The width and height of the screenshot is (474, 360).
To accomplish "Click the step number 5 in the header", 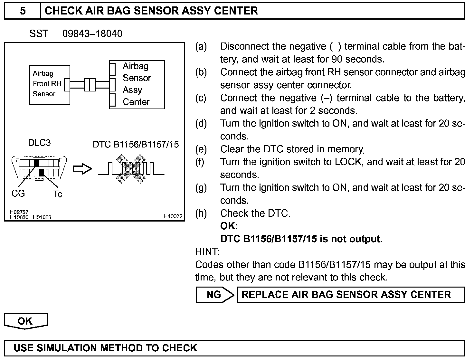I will pyautogui.click(x=23, y=11).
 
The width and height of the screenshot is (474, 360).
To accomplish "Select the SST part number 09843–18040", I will pyautogui.click(x=92, y=34).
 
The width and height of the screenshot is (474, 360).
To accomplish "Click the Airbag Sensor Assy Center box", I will pyautogui.click(x=137, y=84).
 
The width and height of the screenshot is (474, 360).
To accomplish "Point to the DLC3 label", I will pyautogui.click(x=39, y=143).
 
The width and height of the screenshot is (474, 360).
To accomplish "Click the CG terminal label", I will pyautogui.click(x=18, y=193).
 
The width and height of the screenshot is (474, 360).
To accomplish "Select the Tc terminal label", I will pyautogui.click(x=58, y=194).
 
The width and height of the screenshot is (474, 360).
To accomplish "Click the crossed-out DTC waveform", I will pyautogui.click(x=131, y=169).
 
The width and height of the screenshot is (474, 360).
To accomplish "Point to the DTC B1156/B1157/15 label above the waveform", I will pyautogui.click(x=136, y=144).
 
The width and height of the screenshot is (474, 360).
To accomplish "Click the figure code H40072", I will pyautogui.click(x=173, y=216).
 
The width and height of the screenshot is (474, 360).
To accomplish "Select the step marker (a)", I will pyautogui.click(x=201, y=46).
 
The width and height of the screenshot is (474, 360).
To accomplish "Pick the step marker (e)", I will pyautogui.click(x=201, y=149).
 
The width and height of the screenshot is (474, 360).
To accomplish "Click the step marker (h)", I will pyautogui.click(x=201, y=213).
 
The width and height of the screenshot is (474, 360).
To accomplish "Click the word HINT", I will pyautogui.click(x=207, y=251).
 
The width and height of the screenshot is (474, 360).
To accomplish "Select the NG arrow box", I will pyautogui.click(x=215, y=295).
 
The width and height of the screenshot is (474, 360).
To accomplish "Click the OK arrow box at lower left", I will pyautogui.click(x=25, y=321).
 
